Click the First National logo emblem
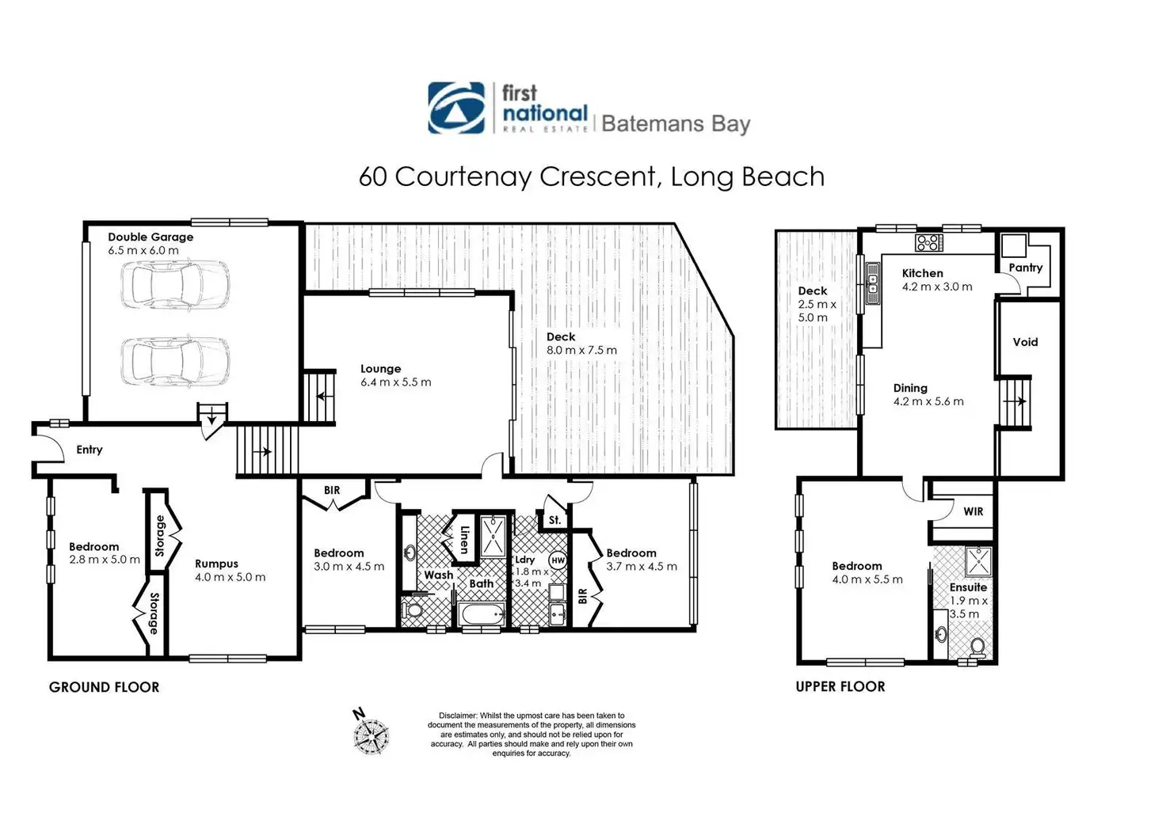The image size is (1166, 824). point(456,108)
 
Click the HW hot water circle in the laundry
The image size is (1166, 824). point(558,560)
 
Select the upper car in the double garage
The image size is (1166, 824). point(175,285)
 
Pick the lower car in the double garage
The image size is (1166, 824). point(175,361)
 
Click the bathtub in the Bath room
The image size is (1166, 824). point(482,615)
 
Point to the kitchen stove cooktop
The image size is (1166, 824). point(929,243)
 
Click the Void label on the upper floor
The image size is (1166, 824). point(1025,342)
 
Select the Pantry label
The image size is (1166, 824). point(1026,268)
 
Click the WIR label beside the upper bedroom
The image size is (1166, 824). point(973,511)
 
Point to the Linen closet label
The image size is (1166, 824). point(465,540)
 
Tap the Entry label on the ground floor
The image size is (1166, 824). point(90,450)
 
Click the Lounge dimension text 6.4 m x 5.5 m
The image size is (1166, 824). point(395,382)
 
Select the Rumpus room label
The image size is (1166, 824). point(216,564)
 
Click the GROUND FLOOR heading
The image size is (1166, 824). point(104,687)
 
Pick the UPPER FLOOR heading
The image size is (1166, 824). point(840,687)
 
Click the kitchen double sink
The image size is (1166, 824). point(872,283)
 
